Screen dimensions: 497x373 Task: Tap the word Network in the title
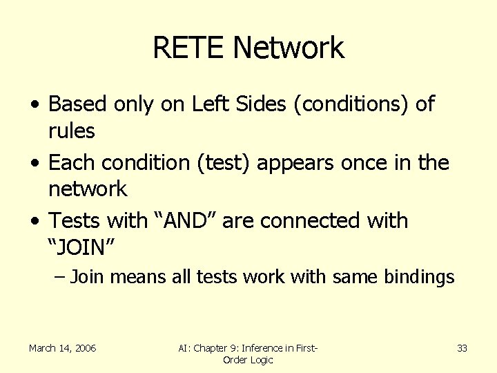point(289,48)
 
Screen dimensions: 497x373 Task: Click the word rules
point(71,130)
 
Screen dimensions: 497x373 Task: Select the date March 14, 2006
point(63,348)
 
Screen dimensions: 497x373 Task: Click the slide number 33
point(462,348)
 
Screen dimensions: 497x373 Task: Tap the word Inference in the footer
point(270,348)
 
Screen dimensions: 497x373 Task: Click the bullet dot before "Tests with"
point(36,222)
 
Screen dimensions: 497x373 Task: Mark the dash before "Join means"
point(59,278)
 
